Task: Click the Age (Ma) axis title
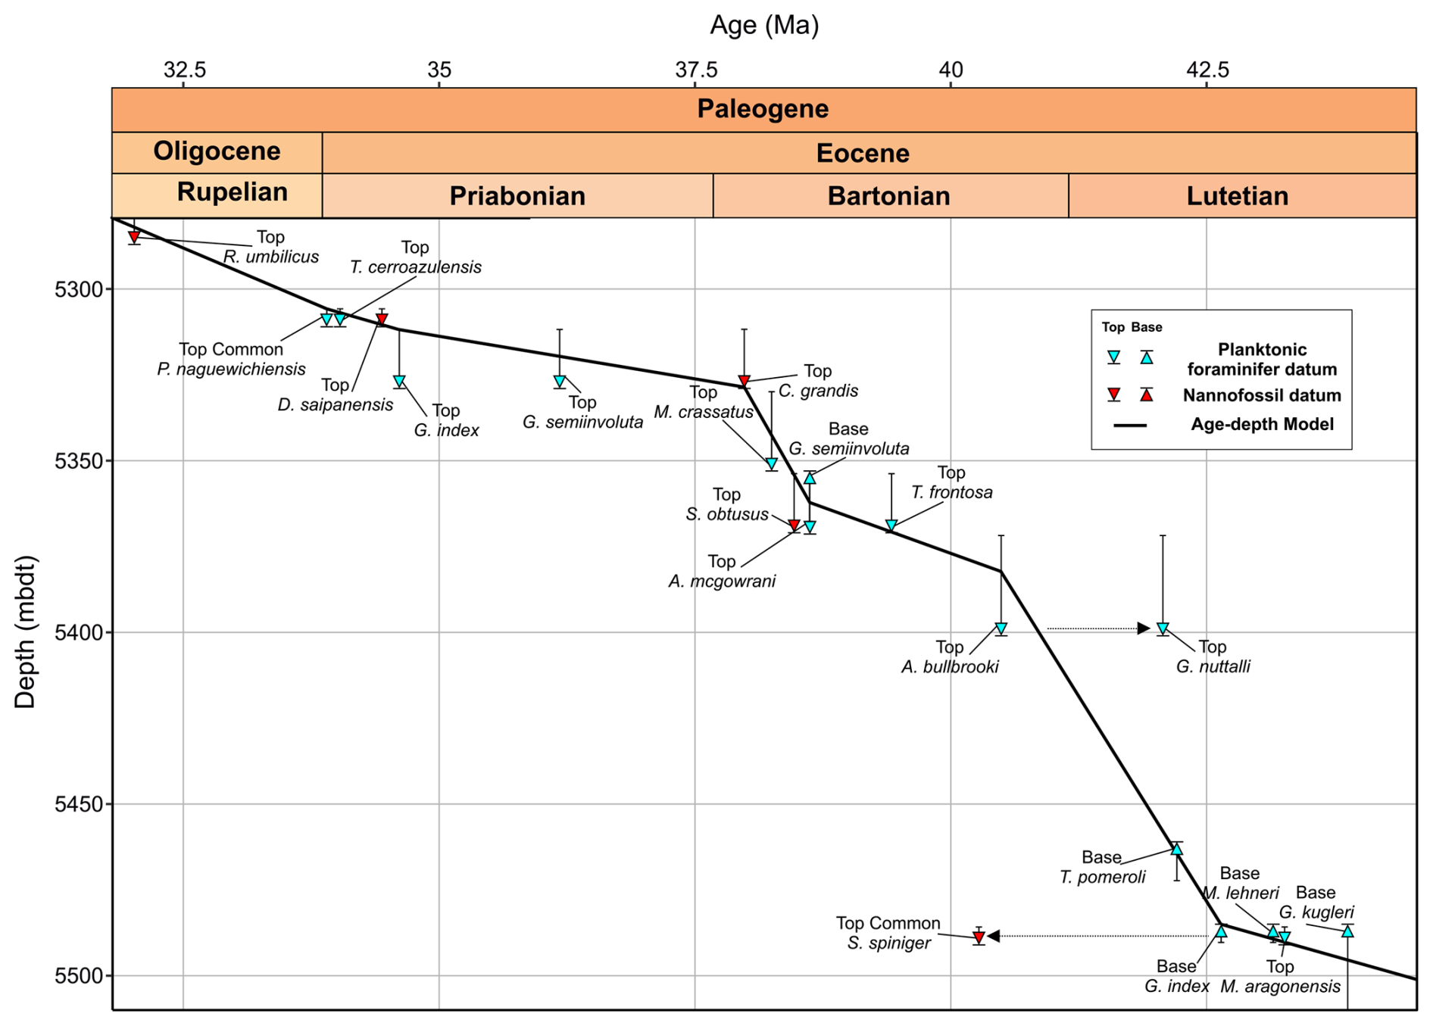coord(763,26)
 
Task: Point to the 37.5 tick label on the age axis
coord(696,70)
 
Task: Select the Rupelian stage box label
coord(232,192)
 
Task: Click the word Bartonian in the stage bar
coord(888,196)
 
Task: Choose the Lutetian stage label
coord(1237,196)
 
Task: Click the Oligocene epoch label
coord(217,151)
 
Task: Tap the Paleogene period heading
coord(763,109)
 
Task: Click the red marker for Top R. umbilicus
coord(134,238)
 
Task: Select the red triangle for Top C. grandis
coord(744,381)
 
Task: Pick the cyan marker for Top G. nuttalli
coord(1163,628)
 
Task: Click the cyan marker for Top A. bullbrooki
coord(1001,628)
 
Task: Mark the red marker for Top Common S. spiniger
coord(979,937)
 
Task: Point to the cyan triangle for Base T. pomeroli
coord(1176,850)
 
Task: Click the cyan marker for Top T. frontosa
coord(891,525)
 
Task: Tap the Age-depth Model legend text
coord(1262,424)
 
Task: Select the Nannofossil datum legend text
coord(1262,395)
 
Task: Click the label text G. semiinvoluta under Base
coord(848,448)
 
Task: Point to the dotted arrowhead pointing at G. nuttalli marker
coord(1144,628)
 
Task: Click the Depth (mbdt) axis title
coord(26,632)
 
